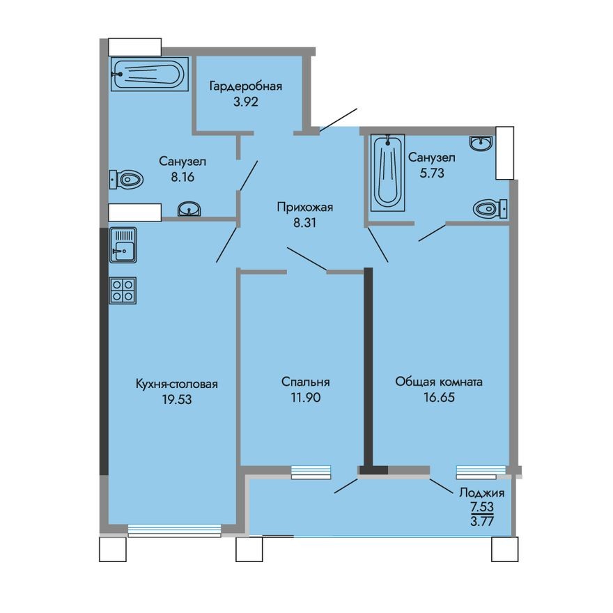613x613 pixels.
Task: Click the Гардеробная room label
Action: (x=246, y=86)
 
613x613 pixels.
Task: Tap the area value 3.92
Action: (x=246, y=101)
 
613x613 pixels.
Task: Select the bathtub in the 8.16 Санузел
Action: (x=150, y=75)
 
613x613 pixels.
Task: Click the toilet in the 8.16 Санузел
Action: (x=127, y=180)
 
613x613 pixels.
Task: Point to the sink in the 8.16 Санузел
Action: (x=189, y=209)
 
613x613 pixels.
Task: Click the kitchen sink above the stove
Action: (x=123, y=245)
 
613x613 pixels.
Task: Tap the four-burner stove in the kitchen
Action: (x=123, y=290)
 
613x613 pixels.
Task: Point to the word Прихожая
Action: (x=305, y=207)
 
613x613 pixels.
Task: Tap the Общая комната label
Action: (x=439, y=382)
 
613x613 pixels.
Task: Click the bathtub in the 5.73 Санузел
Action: (x=387, y=171)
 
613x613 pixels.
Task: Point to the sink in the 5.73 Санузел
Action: (x=481, y=143)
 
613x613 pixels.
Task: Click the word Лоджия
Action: (x=481, y=492)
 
